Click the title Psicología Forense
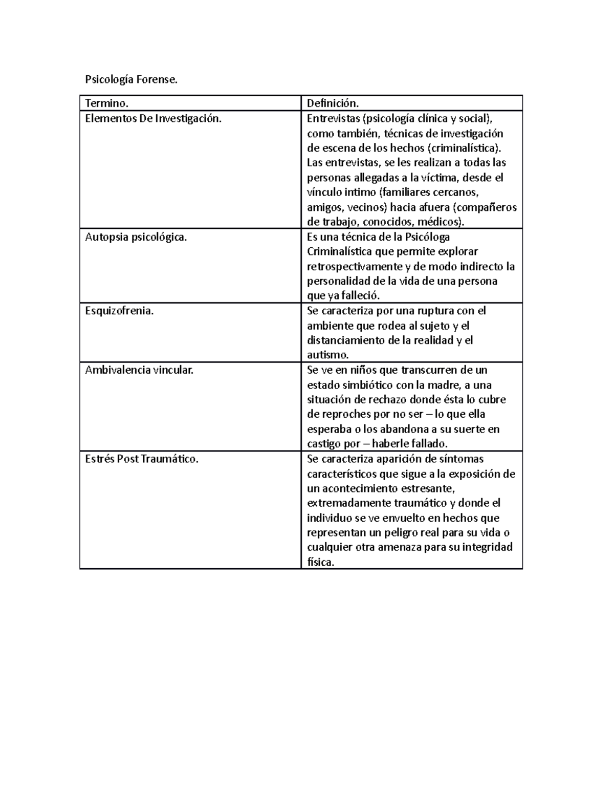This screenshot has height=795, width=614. (x=131, y=80)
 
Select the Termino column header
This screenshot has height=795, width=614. (x=105, y=103)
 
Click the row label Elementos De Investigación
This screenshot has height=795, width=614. (x=153, y=119)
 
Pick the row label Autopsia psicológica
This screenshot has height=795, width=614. (x=136, y=237)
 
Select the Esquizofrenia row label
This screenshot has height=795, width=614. (x=119, y=311)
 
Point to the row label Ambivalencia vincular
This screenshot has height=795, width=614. (x=139, y=370)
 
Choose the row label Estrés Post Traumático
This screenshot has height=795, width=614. (x=142, y=459)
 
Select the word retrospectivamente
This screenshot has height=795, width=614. (x=355, y=267)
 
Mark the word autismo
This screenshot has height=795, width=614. (x=327, y=355)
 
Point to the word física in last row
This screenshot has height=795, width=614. (x=320, y=562)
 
